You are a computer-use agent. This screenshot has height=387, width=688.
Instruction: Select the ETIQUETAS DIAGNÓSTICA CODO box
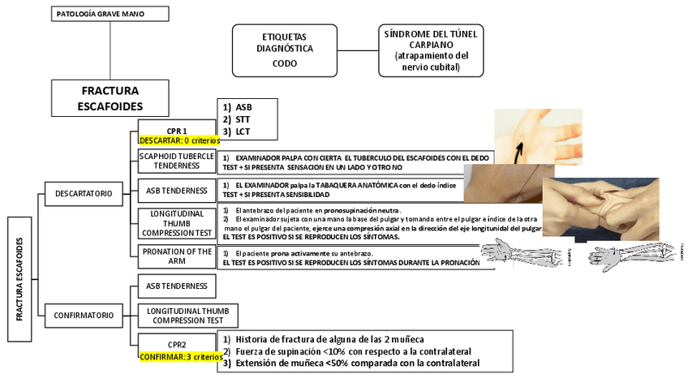pos(285,49)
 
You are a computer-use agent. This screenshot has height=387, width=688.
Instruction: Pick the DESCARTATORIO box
pos(84,193)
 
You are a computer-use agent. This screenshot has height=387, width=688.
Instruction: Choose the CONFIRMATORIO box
pos(84,314)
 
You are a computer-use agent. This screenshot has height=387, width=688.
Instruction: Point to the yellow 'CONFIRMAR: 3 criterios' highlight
pos(178,356)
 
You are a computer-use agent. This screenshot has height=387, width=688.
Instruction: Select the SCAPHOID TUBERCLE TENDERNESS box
pos(177,160)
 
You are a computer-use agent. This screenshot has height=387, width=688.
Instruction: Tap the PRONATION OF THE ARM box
pos(177,256)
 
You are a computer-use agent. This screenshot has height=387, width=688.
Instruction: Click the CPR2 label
pos(177,344)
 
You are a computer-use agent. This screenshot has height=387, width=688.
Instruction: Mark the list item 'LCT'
pos(243,131)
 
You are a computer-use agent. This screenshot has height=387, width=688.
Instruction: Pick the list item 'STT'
pos(243,118)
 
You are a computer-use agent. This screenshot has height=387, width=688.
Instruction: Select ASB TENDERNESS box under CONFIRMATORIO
pos(177,286)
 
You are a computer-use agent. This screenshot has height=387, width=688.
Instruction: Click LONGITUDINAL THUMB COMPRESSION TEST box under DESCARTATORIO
pos(177,222)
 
